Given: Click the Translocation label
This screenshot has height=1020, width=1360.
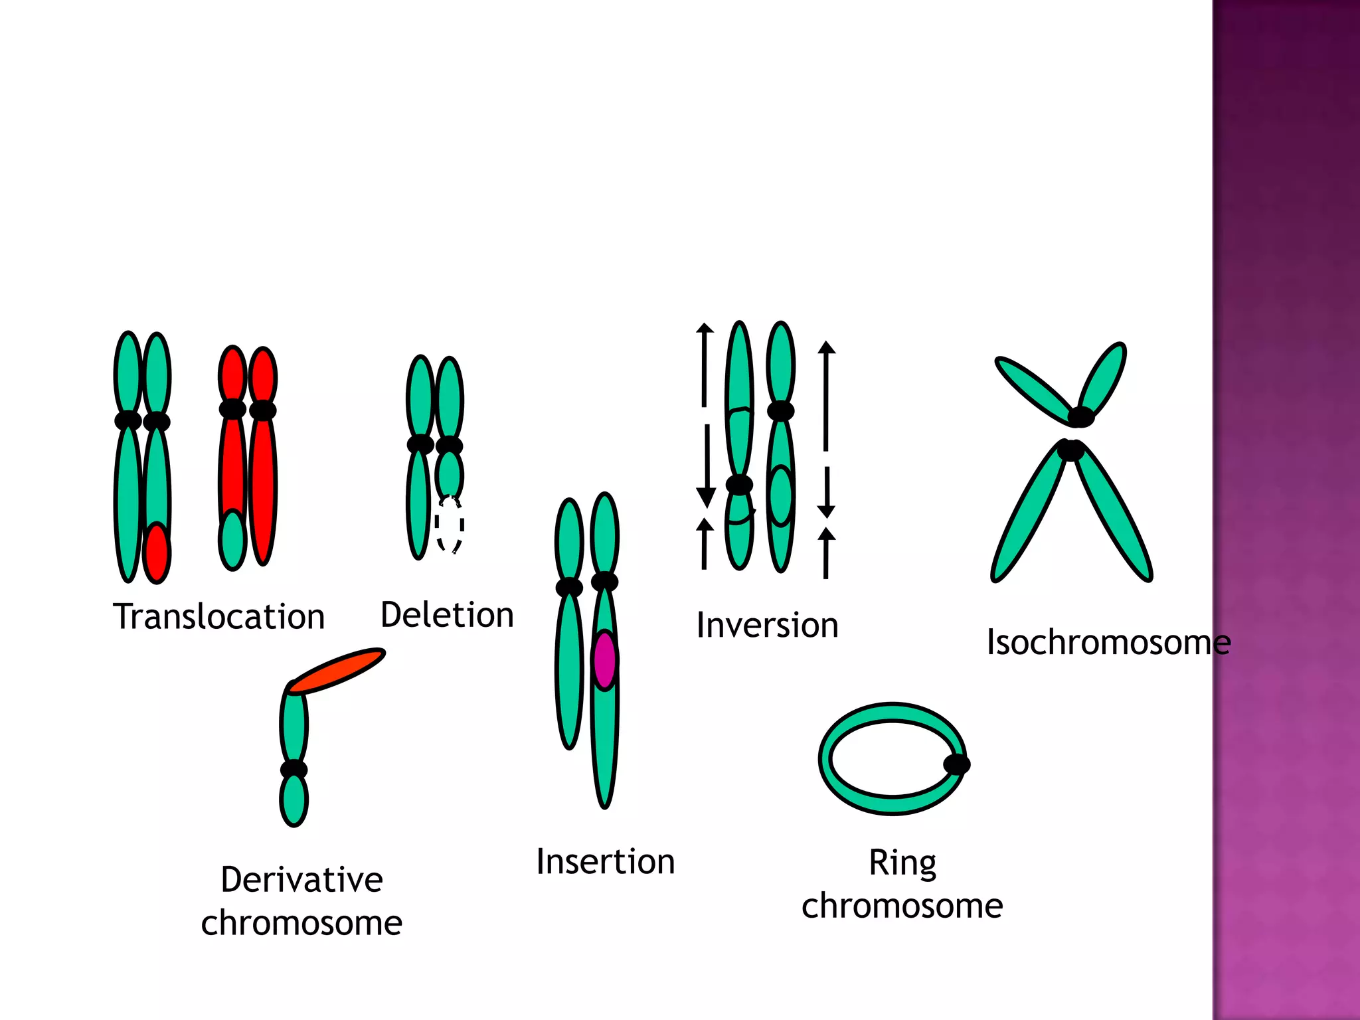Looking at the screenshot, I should coord(218,617).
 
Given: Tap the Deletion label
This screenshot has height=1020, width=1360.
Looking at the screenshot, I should coord(447,615).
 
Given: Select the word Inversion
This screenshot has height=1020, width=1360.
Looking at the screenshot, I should coord(767,626).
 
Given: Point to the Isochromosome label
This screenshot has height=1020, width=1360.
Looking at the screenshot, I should coord(1108,642).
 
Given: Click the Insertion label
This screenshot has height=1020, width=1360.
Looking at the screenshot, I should coord(605,862).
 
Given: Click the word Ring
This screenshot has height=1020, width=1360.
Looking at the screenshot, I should coord(902,863).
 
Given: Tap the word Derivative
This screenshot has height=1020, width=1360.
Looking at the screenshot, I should coord(301,880).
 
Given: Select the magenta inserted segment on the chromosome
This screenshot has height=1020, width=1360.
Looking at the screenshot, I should coord(604,659).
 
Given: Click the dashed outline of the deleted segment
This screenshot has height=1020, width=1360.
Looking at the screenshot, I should coord(450,525).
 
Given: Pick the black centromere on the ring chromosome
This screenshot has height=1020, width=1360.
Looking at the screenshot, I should coord(956,764).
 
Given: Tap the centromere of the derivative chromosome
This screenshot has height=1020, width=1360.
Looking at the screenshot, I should coord(294,770).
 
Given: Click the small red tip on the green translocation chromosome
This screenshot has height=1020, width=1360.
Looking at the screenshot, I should coord(157,553).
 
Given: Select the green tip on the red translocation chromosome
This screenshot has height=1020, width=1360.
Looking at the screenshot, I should coord(232,540).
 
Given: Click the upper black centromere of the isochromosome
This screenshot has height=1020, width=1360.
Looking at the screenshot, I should coord(1080,417).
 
